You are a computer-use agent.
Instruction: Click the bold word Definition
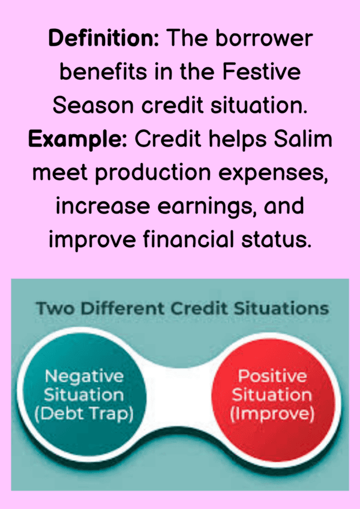[x=104, y=38]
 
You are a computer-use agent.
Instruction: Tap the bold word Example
[x=77, y=139]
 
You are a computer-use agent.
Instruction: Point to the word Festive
[x=261, y=72]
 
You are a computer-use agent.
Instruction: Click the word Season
[x=93, y=106]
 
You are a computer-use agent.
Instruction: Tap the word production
[x=153, y=173]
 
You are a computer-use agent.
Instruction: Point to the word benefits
[x=104, y=72]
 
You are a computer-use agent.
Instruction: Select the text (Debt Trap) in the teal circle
[x=84, y=414]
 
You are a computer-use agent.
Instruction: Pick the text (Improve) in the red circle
[x=272, y=414]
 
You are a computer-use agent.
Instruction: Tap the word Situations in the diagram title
[x=281, y=308]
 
